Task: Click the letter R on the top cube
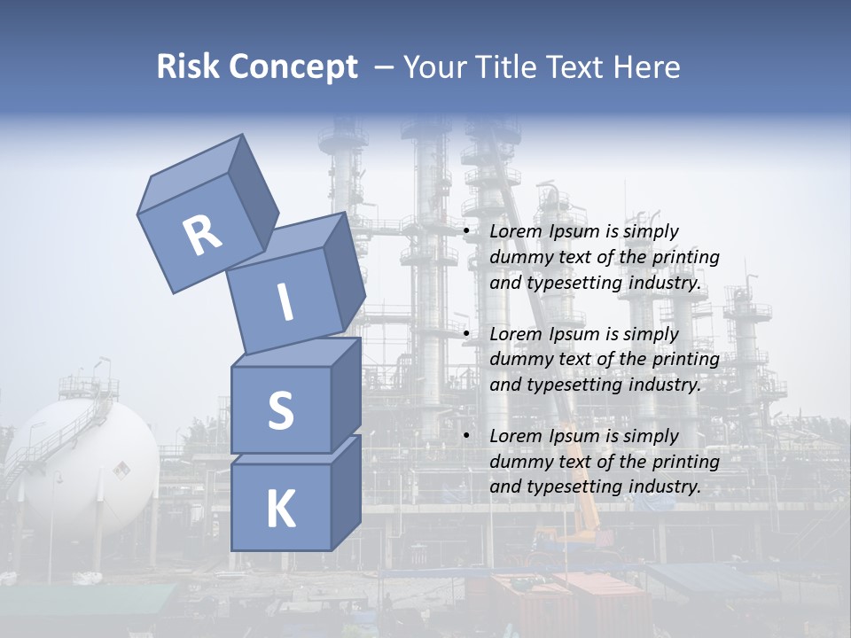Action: pyautogui.click(x=202, y=237)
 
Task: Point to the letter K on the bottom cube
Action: pyautogui.click(x=280, y=510)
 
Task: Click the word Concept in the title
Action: pyautogui.click(x=293, y=67)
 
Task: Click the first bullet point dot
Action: pyautogui.click(x=467, y=231)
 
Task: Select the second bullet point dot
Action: pyautogui.click(x=467, y=334)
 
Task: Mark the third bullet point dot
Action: pyautogui.click(x=467, y=436)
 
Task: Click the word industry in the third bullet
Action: pyautogui.click(x=666, y=486)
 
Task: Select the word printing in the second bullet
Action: pyautogui.click(x=686, y=359)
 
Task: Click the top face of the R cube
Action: pyautogui.click(x=191, y=175)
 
